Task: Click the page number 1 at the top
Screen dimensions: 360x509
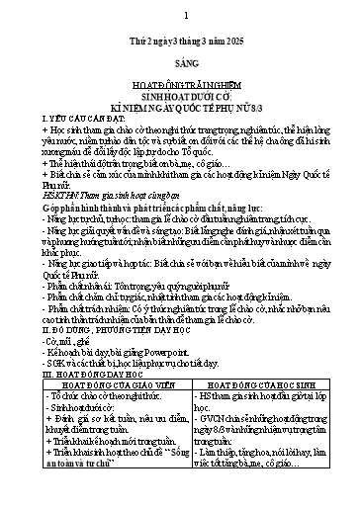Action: click(181, 15)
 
